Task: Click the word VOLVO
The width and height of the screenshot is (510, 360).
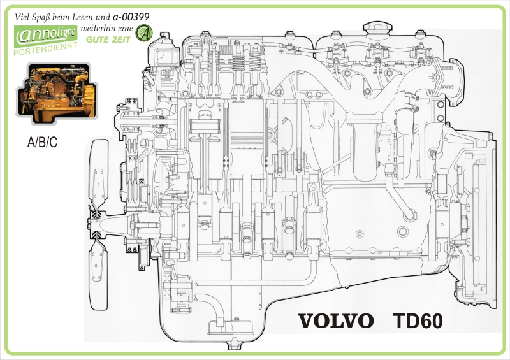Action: tap(335, 320)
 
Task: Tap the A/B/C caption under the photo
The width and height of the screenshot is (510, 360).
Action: tap(42, 142)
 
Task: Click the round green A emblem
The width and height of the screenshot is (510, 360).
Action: tap(145, 31)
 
